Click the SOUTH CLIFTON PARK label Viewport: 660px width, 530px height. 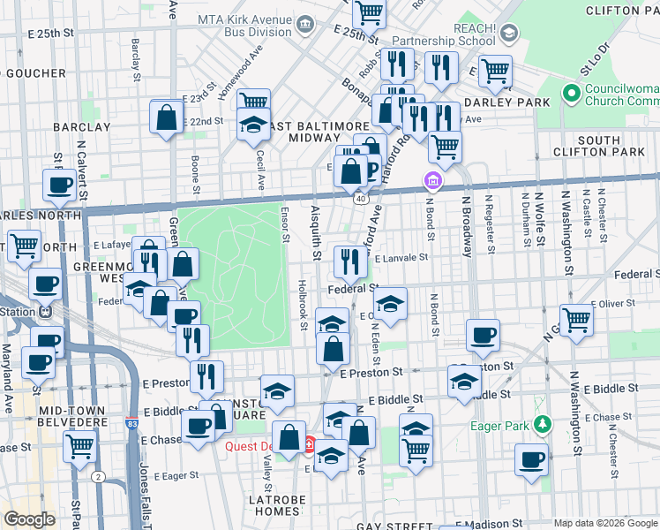point(611,147)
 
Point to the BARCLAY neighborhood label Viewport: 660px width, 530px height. point(81,126)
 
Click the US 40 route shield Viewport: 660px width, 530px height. point(362,200)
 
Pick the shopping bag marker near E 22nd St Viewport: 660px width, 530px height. point(167,117)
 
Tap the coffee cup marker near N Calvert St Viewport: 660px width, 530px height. point(60,185)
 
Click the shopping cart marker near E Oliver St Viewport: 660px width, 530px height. point(576,319)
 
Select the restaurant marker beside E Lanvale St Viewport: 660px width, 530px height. point(350,261)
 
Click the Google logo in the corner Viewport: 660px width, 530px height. point(29,519)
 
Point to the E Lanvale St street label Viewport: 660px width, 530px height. point(401,259)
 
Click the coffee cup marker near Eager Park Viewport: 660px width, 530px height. point(531,459)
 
